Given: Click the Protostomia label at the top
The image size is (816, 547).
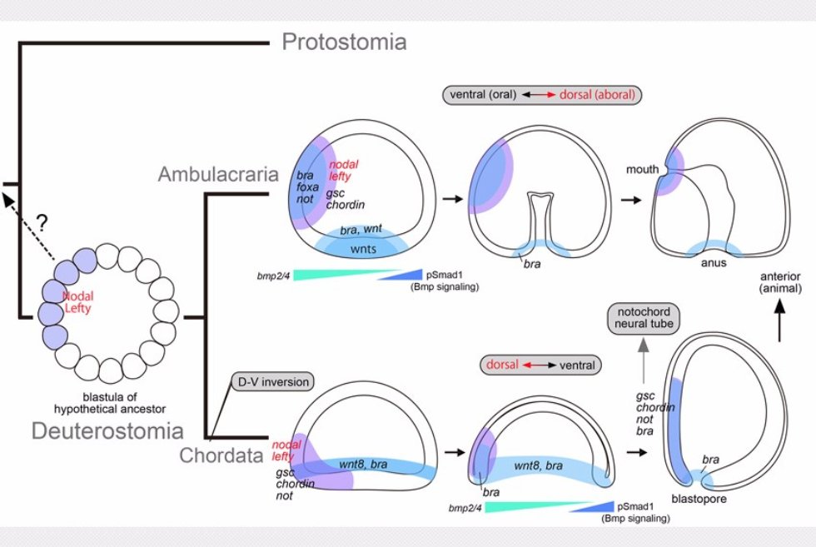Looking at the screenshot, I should click(x=344, y=42).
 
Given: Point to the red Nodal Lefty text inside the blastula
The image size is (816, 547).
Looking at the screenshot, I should click(x=80, y=302).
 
